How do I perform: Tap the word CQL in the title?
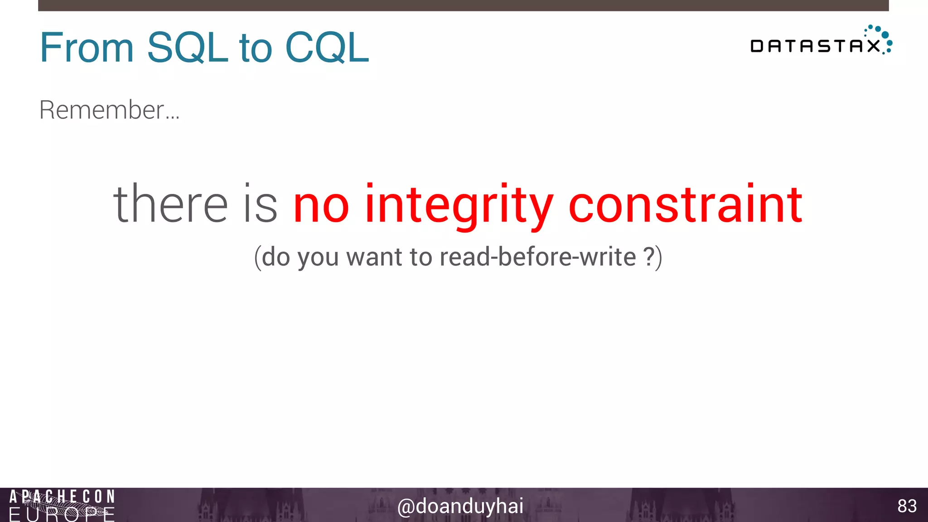(327, 48)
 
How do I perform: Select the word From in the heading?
(87, 48)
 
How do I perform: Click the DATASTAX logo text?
(815, 46)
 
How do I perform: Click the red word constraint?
(685, 204)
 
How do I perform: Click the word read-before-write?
(538, 257)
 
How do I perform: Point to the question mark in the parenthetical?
(649, 257)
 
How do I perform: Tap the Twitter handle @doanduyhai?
(460, 506)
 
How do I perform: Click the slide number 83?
(907, 506)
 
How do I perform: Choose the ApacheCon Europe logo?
(62, 505)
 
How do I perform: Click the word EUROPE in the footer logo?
(62, 515)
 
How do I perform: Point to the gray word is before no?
(260, 204)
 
